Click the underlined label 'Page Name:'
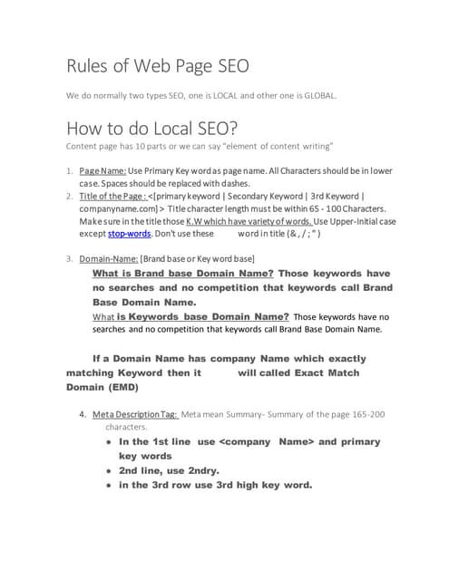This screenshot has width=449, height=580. pyautogui.click(x=102, y=170)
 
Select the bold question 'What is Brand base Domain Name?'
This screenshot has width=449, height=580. pyautogui.click(x=183, y=274)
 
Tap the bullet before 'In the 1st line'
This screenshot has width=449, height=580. pyautogui.click(x=108, y=441)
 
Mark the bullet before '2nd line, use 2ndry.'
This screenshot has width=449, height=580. pyautogui.click(x=108, y=470)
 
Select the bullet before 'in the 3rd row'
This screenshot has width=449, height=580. pyautogui.click(x=108, y=485)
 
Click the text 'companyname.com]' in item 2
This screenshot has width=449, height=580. pyautogui.click(x=116, y=208)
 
